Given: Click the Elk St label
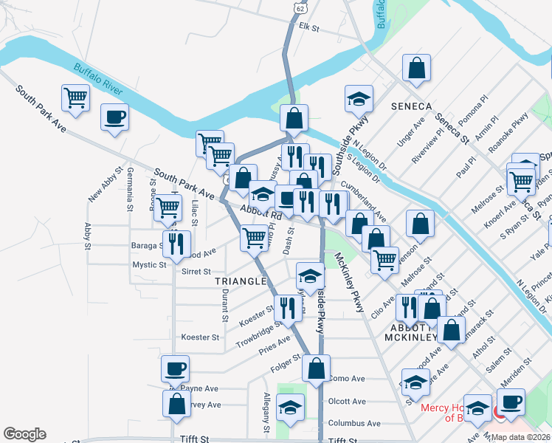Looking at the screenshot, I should (x=308, y=28).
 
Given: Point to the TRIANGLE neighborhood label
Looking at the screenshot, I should (x=239, y=281).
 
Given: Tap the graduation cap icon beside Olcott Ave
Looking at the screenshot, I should (x=290, y=408).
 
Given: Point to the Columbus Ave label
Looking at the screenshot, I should (x=354, y=423).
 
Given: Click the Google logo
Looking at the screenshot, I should (x=24, y=434).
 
